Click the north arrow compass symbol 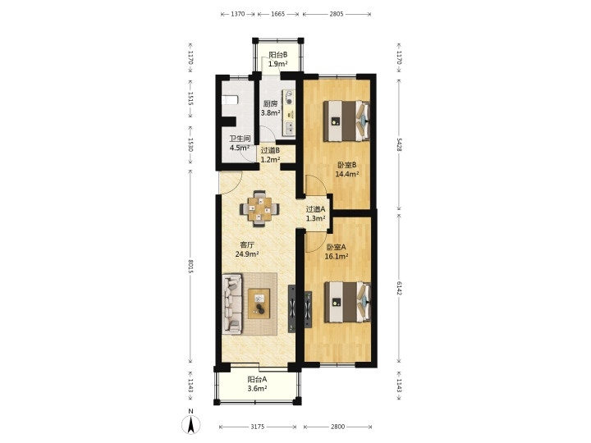coord(191,425)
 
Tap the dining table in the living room coord(259,209)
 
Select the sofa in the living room coord(231,304)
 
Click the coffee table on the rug coord(259,304)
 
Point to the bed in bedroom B coord(346,121)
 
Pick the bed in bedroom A coord(347,302)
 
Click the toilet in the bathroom coord(230,101)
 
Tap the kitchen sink coord(290,128)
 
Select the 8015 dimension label coord(190,267)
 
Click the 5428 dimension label coord(399,144)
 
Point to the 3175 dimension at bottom coord(258,427)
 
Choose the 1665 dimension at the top coord(277,14)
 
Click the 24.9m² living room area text coord(247,253)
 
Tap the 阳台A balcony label coord(257,380)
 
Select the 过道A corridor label coord(315,209)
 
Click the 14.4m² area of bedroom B coord(346,174)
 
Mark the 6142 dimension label coord(399,287)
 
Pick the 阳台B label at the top coord(278,55)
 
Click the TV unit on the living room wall coord(292,309)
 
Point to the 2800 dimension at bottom coord(337,427)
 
